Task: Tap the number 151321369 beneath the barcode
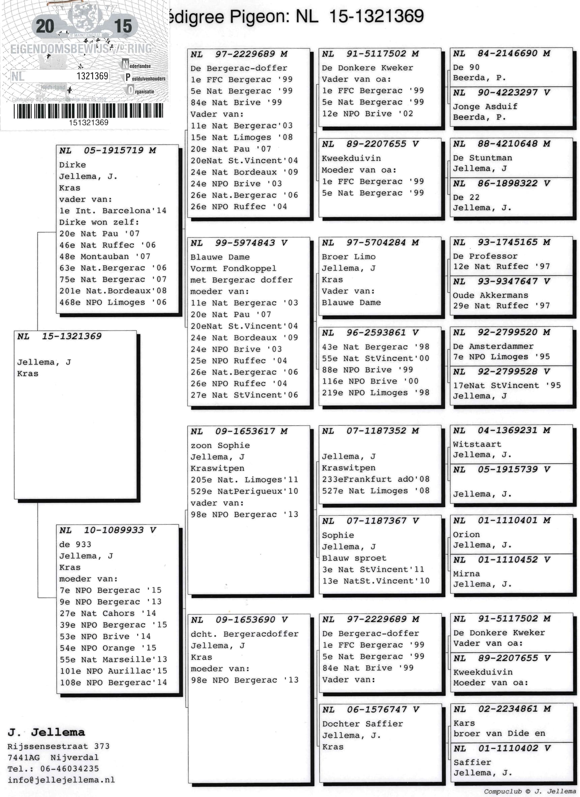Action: tap(88, 123)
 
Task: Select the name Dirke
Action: tap(72, 165)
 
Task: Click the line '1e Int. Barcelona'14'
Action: tap(113, 211)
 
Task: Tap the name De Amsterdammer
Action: tap(493, 346)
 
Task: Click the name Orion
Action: tap(466, 534)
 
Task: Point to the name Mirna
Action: tap(466, 574)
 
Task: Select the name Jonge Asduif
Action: tap(485, 106)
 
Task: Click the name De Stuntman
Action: tap(482, 158)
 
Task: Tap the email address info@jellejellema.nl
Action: tap(61, 780)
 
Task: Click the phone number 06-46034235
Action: tap(69, 769)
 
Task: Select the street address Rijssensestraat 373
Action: tap(58, 746)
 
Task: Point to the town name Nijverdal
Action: tap(75, 757)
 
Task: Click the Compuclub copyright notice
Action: tap(530, 791)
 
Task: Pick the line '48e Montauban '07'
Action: tap(105, 256)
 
